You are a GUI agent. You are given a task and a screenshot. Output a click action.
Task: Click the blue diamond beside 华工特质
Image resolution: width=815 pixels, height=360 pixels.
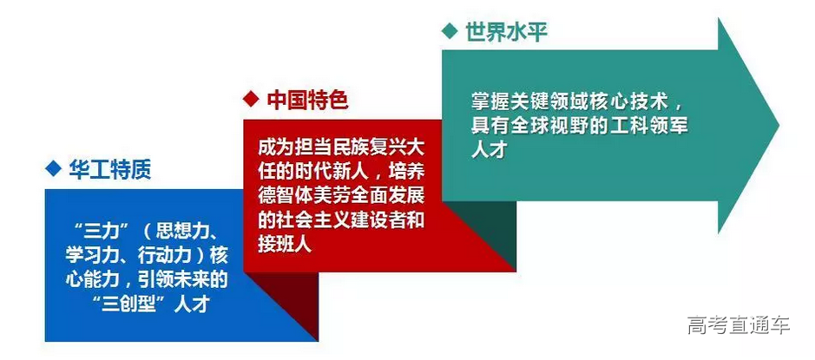(x=53, y=169)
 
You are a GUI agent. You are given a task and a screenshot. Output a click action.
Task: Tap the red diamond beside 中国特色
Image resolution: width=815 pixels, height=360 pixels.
(x=251, y=100)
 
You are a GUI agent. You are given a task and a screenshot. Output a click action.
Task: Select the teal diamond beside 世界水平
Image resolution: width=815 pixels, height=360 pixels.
(x=449, y=32)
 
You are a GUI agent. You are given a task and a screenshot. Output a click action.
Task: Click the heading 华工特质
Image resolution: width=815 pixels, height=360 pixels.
(x=110, y=169)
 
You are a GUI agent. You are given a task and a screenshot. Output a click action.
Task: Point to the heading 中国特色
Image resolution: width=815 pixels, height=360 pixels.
(x=307, y=100)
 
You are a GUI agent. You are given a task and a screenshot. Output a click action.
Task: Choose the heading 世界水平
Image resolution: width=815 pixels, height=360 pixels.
(x=506, y=32)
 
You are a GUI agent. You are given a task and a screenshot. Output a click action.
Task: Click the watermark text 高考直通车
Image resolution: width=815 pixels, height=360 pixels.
(x=738, y=326)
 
